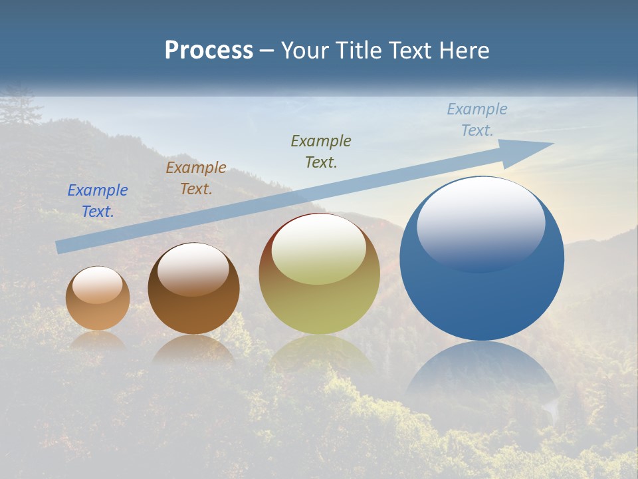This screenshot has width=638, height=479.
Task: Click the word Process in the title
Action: coord(209,51)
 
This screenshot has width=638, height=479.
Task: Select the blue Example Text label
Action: coord(98,200)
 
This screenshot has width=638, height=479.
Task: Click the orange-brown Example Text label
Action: coord(196,178)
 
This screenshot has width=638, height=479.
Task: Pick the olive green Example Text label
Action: coord(321,151)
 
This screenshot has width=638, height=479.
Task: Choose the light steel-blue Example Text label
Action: coord(477,119)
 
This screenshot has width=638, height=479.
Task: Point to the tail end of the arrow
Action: coord(61,245)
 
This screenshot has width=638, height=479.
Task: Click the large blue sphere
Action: coord(482,293)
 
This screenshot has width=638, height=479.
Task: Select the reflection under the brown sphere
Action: coord(193,349)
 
